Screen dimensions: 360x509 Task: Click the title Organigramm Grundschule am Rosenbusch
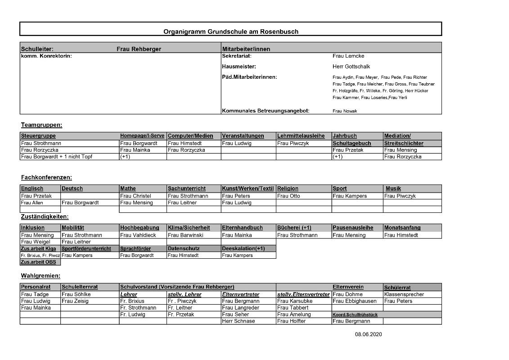230,31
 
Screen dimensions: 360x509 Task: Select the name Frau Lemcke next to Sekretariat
348,56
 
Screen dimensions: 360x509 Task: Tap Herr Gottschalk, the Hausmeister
351,67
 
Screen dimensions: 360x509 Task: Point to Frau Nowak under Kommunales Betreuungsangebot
344,111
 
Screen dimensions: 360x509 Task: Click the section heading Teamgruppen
41,125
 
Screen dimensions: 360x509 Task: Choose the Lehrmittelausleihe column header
301,136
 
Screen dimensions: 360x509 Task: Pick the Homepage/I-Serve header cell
142,136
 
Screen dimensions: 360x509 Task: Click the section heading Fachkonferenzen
46,178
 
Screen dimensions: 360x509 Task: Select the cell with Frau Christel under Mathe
135,196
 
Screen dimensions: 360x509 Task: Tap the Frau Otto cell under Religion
288,196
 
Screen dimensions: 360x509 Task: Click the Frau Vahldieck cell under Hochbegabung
139,235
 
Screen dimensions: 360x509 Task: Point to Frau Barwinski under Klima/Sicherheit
185,235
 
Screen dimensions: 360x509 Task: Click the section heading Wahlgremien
41,275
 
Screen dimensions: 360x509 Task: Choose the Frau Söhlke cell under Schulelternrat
76,294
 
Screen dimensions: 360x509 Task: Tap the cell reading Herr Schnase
238,321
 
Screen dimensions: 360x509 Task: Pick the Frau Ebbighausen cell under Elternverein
355,301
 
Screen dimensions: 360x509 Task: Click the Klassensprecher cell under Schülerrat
404,294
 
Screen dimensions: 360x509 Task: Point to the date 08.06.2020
368,334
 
